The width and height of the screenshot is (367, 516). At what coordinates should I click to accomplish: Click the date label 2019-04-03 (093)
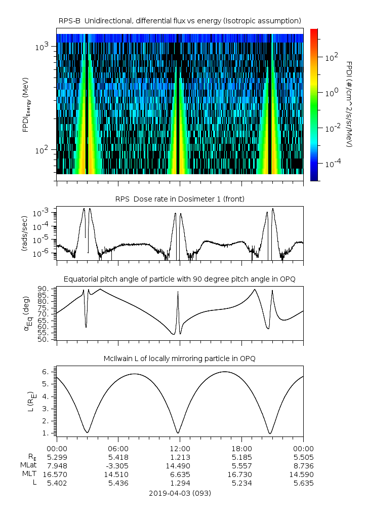pos(180,493)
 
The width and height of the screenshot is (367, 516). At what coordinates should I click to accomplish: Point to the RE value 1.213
pos(180,456)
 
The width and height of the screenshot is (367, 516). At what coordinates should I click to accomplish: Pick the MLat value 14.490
pos(180,465)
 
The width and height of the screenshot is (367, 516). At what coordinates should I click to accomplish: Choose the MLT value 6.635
pos(180,474)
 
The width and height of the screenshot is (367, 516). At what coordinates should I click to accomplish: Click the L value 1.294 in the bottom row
pos(180,483)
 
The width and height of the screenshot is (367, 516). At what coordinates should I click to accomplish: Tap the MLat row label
pos(28,465)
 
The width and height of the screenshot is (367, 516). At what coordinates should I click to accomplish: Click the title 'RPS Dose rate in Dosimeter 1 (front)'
pos(180,199)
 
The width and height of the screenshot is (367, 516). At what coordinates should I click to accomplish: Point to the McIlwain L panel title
pos(180,359)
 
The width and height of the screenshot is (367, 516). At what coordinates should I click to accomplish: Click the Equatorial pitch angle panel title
pos(180,279)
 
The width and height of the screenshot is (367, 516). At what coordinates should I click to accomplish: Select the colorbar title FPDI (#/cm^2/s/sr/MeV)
pos(349,104)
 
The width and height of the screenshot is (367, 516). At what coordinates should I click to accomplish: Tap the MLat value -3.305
pos(118,465)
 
